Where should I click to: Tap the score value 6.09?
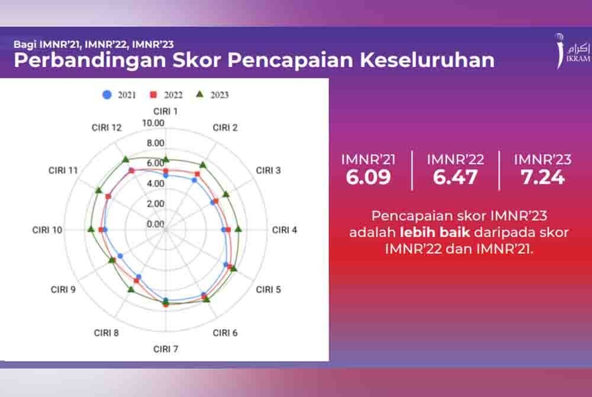(x=368, y=177)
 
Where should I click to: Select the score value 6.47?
(x=455, y=177)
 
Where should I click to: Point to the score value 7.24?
(x=542, y=177)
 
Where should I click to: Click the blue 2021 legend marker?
(x=107, y=94)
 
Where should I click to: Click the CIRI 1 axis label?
(x=166, y=111)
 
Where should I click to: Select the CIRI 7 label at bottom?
(x=166, y=348)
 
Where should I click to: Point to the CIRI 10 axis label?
(x=48, y=230)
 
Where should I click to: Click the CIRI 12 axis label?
(x=107, y=127)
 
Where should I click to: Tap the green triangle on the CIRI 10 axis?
(x=91, y=229)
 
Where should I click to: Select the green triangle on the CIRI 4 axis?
(x=238, y=229)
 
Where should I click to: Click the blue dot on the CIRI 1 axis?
(x=166, y=176)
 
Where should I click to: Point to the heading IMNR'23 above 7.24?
(x=542, y=159)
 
